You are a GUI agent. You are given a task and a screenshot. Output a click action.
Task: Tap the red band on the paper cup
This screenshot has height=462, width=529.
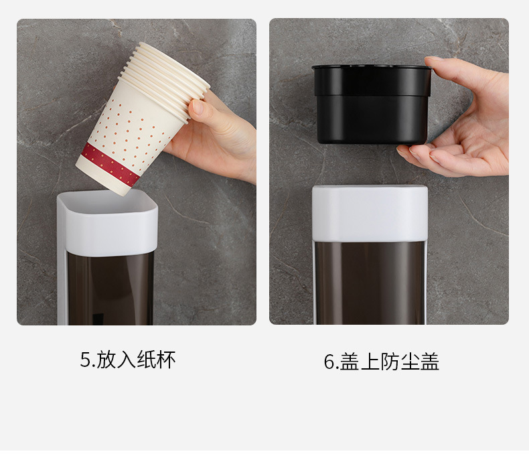click(x=110, y=164)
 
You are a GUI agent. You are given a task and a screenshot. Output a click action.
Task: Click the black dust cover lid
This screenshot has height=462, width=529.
click(x=372, y=104)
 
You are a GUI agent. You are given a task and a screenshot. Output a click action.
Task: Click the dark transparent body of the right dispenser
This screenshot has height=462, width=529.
click(x=370, y=281)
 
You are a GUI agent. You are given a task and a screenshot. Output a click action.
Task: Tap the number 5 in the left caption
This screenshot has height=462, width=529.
click(x=85, y=360)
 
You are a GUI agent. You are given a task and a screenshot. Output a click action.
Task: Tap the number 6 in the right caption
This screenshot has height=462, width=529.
click(x=329, y=362)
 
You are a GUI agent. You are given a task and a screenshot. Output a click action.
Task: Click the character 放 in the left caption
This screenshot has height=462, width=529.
click(x=106, y=360)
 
